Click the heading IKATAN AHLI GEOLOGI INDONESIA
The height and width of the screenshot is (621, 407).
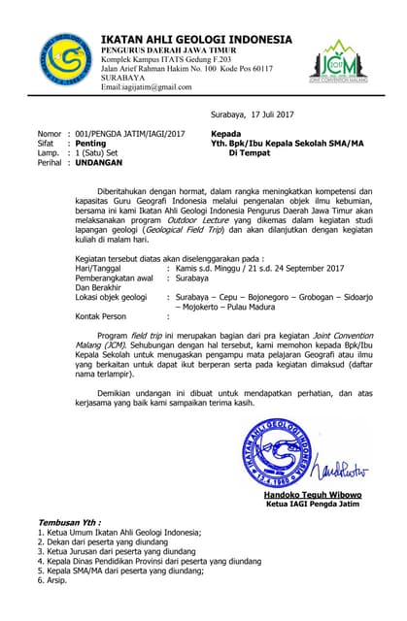point(196,39)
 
